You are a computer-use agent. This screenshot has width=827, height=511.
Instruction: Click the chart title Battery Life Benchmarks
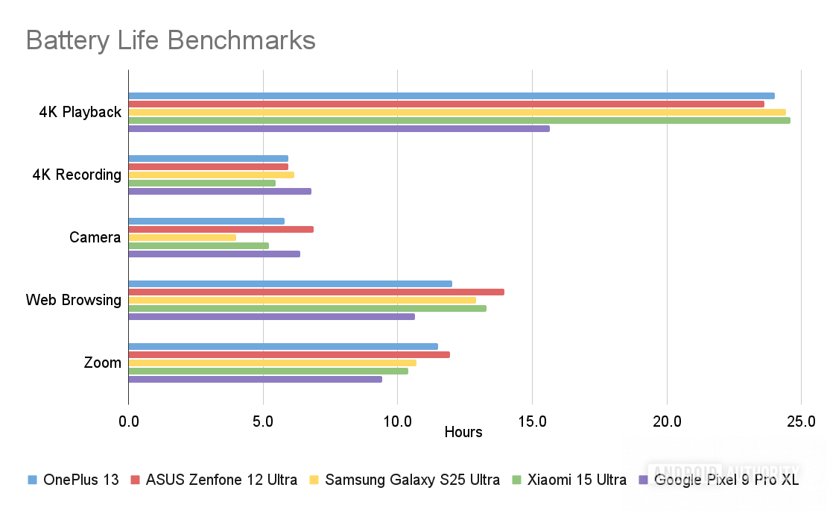(171, 40)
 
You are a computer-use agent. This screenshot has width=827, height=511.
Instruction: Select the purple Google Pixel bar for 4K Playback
(339, 128)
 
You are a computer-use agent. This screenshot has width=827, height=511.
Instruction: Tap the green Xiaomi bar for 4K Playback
(459, 120)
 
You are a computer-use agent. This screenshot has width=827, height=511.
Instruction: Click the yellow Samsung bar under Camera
(183, 237)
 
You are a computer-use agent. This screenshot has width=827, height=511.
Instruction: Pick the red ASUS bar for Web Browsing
(316, 292)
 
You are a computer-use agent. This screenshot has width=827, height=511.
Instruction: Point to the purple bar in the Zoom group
(255, 379)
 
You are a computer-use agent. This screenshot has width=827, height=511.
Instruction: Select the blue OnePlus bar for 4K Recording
(208, 158)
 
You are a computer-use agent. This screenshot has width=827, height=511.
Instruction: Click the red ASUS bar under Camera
(221, 229)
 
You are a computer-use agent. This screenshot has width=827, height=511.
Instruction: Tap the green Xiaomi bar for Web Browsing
(307, 308)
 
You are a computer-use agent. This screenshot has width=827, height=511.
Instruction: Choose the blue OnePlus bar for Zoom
(283, 346)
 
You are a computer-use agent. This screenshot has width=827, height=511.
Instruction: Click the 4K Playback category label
(80, 112)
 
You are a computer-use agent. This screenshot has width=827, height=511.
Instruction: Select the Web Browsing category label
(73, 300)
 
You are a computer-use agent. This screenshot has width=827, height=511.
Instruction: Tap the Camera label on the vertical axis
(95, 237)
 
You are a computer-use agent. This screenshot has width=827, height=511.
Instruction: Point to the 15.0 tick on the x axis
(532, 421)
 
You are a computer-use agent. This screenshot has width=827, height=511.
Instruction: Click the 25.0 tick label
(801, 421)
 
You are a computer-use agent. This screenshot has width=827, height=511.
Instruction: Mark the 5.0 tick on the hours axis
(263, 421)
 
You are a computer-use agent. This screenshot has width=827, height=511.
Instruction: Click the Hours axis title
(463, 432)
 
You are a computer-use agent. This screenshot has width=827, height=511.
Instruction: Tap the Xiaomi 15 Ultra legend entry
(570, 480)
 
